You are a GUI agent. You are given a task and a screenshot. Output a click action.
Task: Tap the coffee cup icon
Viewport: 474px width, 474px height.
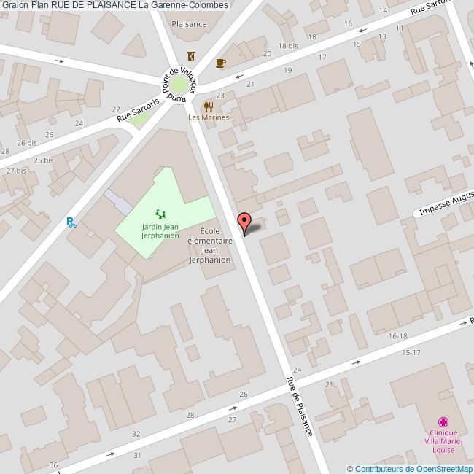click(x=221, y=63)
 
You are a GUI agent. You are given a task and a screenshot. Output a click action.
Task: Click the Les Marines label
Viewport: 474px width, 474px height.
click(x=209, y=117)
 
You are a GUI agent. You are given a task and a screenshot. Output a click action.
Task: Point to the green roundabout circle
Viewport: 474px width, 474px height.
click(x=179, y=85)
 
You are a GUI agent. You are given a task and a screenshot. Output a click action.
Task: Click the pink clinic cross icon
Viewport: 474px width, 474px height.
click(x=443, y=421)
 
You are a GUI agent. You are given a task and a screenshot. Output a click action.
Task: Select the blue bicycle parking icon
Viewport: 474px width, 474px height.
click(x=71, y=222)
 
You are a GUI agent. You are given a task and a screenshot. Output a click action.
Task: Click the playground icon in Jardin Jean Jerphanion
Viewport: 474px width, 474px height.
click(x=160, y=214)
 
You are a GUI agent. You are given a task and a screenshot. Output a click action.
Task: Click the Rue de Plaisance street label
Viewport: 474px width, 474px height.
click(x=299, y=407)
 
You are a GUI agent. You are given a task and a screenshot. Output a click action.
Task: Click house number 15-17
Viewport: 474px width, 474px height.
click(x=412, y=353)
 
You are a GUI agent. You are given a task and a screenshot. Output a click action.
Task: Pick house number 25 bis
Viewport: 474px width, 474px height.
click(x=44, y=160)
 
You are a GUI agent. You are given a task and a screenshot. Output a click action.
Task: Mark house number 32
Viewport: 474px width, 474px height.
click(x=136, y=434)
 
